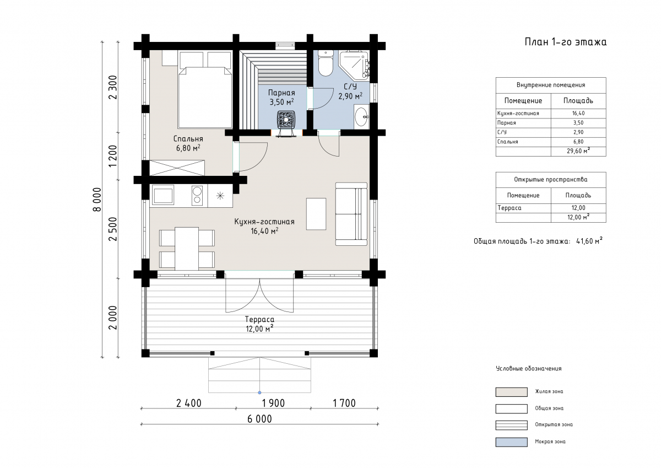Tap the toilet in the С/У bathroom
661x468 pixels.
click(x=326, y=63)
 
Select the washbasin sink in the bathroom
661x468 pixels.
click(x=361, y=117)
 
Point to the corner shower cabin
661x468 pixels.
click(x=354, y=66)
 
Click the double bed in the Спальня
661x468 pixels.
click(x=205, y=98)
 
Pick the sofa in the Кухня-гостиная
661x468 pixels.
click(x=351, y=214)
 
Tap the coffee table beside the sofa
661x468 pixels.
click(x=316, y=214)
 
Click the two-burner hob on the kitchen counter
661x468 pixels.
click(x=197, y=195)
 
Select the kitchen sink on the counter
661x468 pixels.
click(x=162, y=195)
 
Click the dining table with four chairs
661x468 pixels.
click(x=187, y=249)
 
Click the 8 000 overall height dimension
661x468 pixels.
click(x=97, y=200)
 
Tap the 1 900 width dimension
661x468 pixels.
click(x=273, y=403)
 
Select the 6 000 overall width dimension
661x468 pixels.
click(x=259, y=419)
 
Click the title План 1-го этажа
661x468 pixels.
click(x=565, y=42)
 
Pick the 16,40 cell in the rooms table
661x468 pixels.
click(x=578, y=114)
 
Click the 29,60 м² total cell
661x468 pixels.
click(x=578, y=151)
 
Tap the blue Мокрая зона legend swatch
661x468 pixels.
click(x=511, y=442)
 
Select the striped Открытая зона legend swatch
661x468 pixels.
click(x=511, y=425)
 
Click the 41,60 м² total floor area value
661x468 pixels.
click(x=589, y=241)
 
